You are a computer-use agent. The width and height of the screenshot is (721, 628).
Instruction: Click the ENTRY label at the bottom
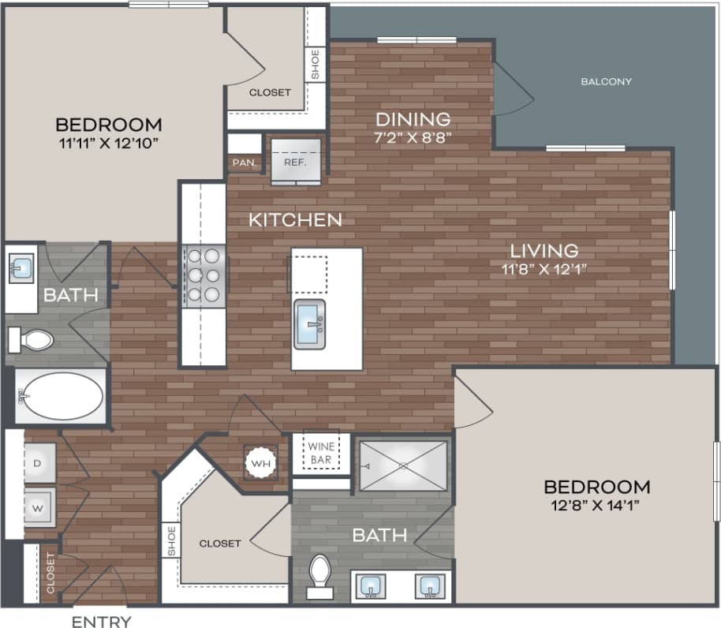click(102, 622)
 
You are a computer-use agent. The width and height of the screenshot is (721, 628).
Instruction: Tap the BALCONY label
click(606, 81)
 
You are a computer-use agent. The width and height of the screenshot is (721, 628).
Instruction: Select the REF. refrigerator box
click(297, 162)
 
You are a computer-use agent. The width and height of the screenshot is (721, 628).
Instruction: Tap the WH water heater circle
click(261, 463)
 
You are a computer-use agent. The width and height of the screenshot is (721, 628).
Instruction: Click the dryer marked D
click(37, 463)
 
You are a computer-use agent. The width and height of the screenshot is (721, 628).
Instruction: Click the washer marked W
click(37, 507)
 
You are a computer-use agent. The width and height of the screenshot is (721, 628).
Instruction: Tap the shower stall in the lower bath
click(402, 465)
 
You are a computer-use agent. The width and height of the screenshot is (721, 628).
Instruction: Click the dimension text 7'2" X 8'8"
click(413, 136)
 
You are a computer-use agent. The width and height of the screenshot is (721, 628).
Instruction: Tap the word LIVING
click(544, 250)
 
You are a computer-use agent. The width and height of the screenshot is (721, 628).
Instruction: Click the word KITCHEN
click(295, 220)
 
